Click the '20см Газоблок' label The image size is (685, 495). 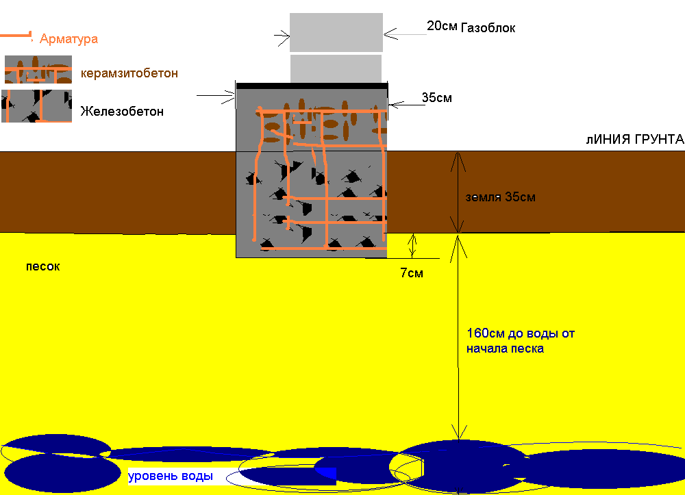471,27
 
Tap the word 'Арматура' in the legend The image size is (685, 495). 68,39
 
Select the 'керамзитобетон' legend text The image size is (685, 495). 129,73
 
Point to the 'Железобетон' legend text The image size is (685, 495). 122,112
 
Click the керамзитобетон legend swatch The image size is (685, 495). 38,69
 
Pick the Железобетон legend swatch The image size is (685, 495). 37,106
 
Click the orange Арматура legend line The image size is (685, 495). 16,36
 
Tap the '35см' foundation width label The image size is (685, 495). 437,97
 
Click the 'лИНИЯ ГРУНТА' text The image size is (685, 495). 635,139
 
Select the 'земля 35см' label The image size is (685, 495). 500,197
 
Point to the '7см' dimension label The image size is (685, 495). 412,273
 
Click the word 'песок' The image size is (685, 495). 42,266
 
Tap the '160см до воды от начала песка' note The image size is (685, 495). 521,341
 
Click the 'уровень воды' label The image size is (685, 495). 171,476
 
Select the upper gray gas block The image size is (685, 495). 336,32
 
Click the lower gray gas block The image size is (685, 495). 336,68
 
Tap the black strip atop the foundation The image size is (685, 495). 312,86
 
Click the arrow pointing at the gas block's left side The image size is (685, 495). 282,38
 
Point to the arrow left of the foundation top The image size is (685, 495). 216,96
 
